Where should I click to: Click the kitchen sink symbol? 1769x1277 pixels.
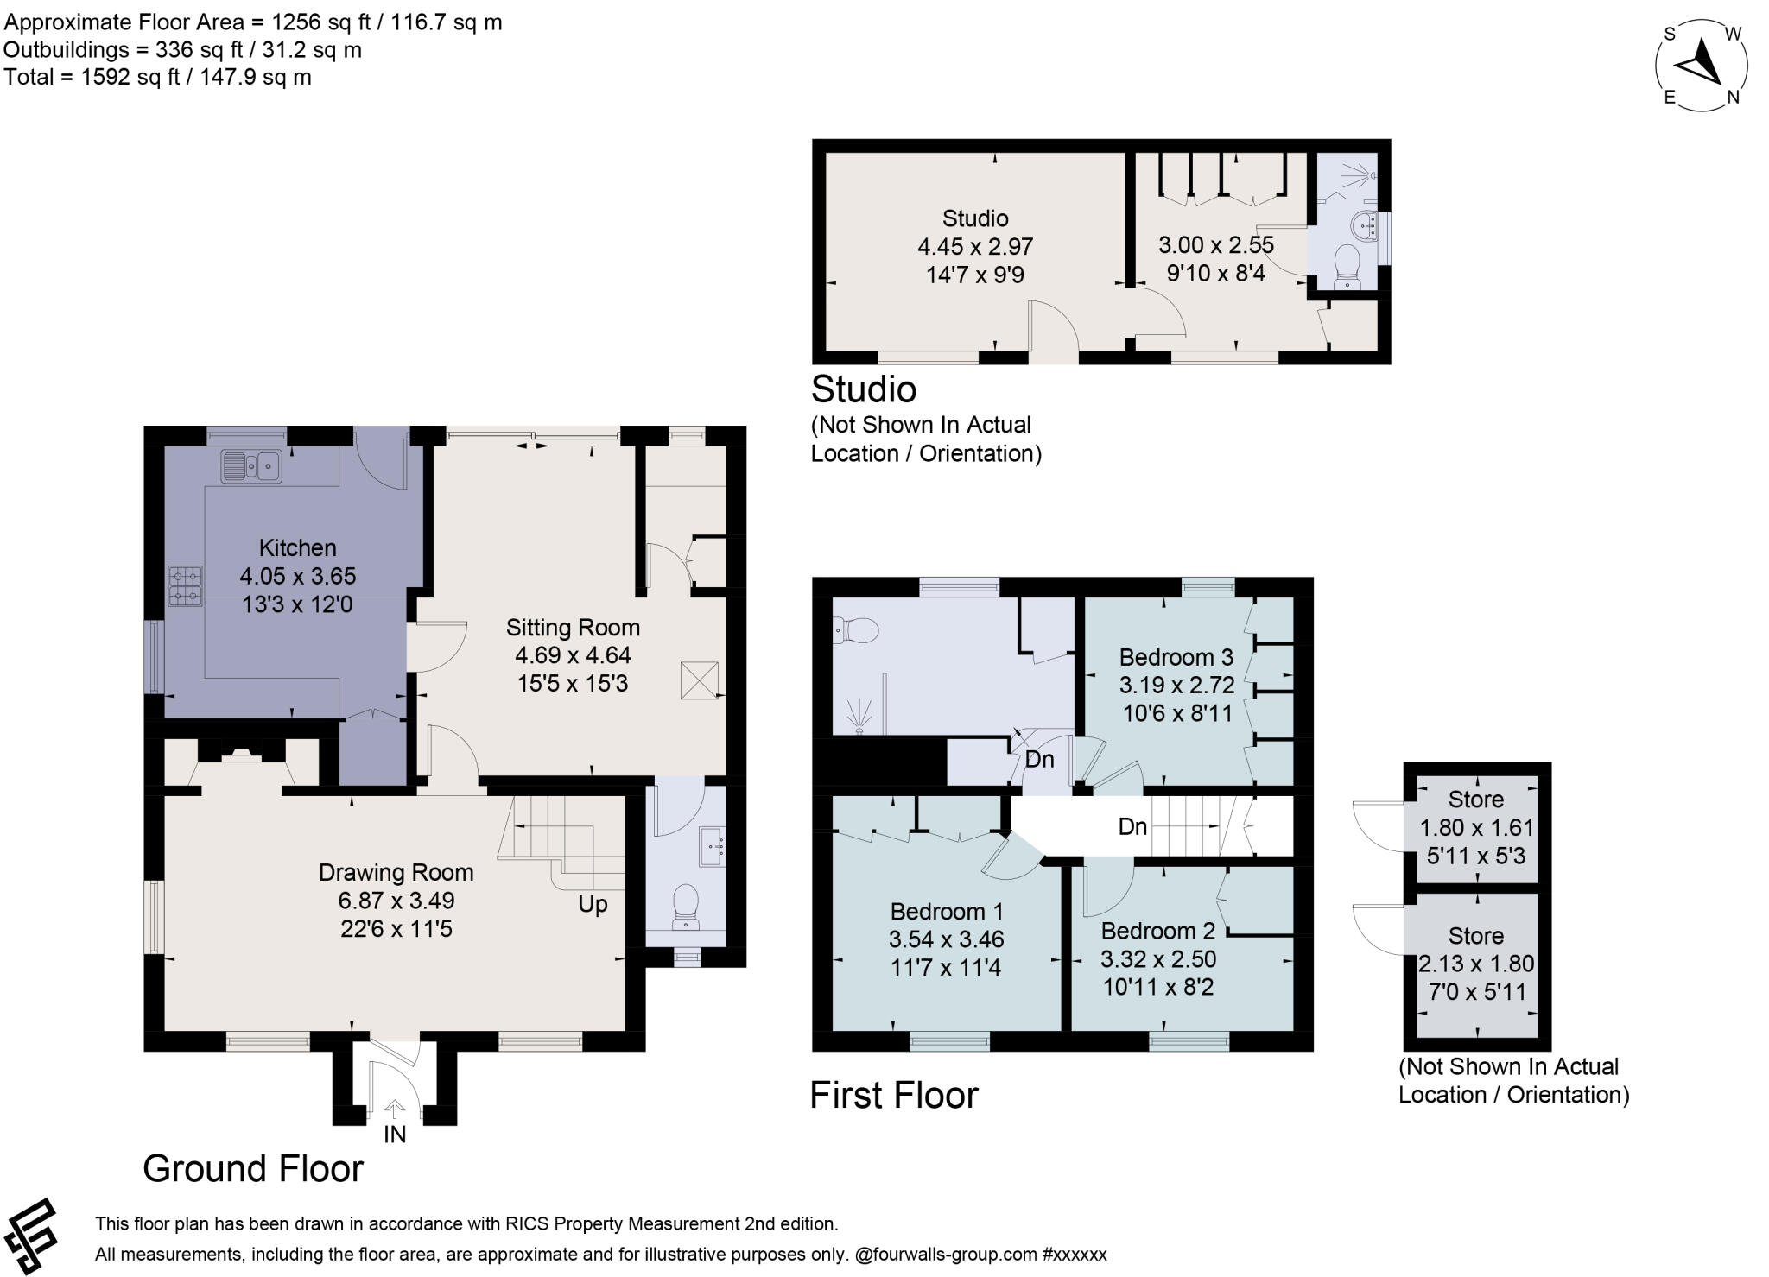point(250,466)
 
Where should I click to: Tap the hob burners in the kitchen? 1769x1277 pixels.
point(185,585)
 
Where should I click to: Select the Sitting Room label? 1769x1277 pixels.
point(573,628)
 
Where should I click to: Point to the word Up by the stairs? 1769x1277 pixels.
point(593,904)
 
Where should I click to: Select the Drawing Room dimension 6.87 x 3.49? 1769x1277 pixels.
point(396,901)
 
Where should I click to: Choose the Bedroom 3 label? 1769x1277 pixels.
point(1176,657)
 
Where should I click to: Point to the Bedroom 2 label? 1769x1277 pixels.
point(1157,931)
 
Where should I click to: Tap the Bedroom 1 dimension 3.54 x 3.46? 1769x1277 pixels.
point(946,939)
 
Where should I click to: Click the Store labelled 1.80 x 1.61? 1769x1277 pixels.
point(1476,827)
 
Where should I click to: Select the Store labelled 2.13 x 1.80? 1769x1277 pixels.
point(1476,964)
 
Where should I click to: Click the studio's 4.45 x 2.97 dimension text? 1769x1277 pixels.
point(975,247)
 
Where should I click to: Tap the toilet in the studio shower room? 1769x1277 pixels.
point(1347,267)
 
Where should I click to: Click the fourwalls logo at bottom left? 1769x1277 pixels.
point(31,1236)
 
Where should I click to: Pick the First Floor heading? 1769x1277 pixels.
point(893,1096)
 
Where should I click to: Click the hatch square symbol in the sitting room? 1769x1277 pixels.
point(698,680)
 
